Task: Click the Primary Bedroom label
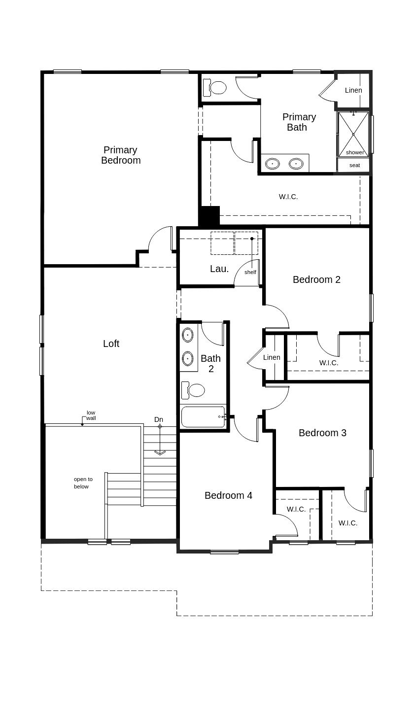tap(121, 155)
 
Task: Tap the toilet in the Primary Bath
tap(215, 88)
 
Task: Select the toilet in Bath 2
tap(194, 390)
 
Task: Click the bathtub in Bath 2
tap(204, 416)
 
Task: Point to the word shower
tap(354, 152)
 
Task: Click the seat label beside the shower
tap(354, 165)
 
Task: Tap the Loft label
tap(111, 344)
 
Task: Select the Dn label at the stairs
tap(158, 419)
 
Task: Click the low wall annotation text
tap(91, 415)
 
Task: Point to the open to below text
tap(83, 483)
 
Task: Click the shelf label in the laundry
tap(250, 272)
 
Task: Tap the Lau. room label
tap(219, 269)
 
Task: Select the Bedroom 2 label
tap(316, 279)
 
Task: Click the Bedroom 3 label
tap(322, 433)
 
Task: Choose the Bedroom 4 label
tap(228, 495)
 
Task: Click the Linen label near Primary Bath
tap(353, 90)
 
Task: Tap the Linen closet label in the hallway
tap(272, 357)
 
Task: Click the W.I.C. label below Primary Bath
tap(288, 197)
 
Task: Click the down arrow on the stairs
tap(160, 451)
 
